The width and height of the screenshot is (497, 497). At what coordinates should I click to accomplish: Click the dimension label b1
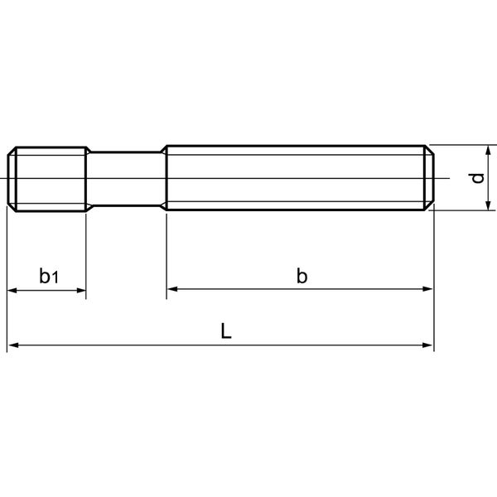click(49, 276)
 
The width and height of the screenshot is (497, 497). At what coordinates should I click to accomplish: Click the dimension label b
click(302, 275)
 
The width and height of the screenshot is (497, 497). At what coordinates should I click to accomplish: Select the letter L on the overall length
click(226, 331)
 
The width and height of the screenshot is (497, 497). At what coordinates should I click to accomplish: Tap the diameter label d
click(478, 178)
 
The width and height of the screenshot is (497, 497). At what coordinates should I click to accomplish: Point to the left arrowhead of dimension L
click(12, 345)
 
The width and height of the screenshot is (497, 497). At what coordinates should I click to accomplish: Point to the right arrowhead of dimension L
click(428, 345)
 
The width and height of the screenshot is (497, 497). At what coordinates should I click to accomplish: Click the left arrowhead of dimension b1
click(12, 290)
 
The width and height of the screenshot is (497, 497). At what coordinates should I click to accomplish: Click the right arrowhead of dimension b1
click(81, 290)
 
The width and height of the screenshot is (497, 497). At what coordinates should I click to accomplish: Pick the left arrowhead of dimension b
click(171, 289)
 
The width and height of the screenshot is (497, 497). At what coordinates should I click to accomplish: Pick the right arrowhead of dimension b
click(428, 289)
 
